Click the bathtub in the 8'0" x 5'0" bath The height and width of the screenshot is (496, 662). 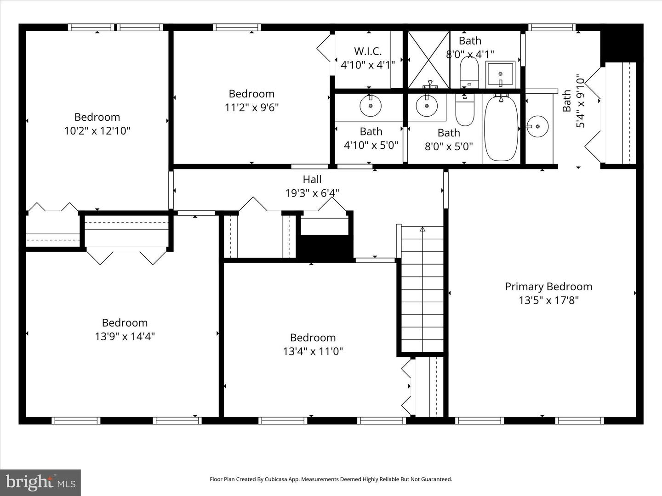[501, 129]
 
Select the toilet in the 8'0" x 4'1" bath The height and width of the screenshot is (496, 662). [469, 73]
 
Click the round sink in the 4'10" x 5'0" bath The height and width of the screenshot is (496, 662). [371, 106]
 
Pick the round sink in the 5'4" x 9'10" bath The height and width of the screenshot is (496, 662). [537, 126]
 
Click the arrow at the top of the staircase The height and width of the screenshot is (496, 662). [422, 229]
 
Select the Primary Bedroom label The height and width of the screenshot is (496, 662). [548, 287]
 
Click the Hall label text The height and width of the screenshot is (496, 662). [312, 180]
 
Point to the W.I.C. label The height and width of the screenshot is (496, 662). [368, 51]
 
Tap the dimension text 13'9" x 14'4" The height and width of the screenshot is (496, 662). [125, 337]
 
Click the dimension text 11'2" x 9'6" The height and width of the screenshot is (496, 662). [251, 107]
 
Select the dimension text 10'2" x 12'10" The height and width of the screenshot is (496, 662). [97, 131]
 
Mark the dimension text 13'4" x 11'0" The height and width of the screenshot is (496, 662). [313, 351]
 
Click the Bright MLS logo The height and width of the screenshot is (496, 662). [40, 482]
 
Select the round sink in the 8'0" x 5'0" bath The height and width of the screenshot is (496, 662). [427, 106]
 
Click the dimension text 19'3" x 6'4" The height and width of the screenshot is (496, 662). [312, 193]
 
